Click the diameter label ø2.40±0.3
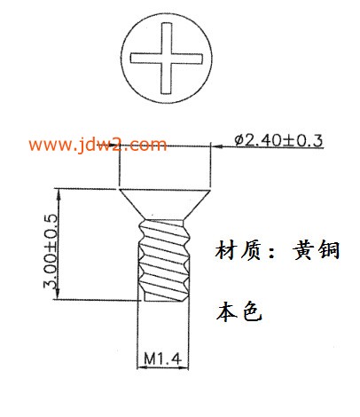pos(278,140)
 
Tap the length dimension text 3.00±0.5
pos(51,251)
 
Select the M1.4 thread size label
pos(162,358)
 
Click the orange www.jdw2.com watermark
pos(98,145)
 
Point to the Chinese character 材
pos(226,250)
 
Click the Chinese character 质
pos(251,250)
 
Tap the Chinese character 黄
pos(303,250)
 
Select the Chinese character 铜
pos(329,250)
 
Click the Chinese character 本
pos(227,311)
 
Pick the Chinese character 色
pos(252,311)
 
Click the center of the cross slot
pos(167,59)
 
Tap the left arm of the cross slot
pos(146,59)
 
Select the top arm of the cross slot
pos(167,38)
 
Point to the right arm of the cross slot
pos(187,59)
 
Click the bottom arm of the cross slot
pos(166,78)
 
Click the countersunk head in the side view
pos(164,204)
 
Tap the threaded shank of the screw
pos(164,260)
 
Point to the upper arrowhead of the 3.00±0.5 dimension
pos(58,193)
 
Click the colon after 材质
pos(271,254)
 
